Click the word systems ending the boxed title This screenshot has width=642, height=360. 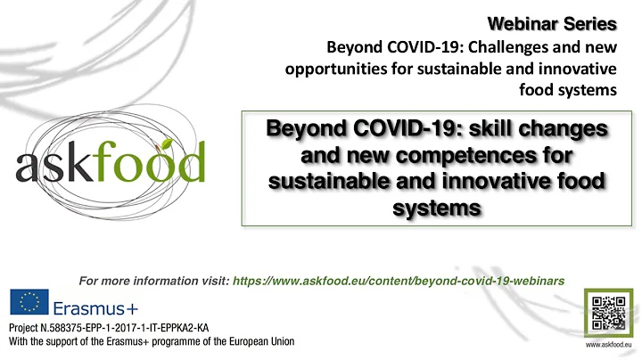coord(436,207)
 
